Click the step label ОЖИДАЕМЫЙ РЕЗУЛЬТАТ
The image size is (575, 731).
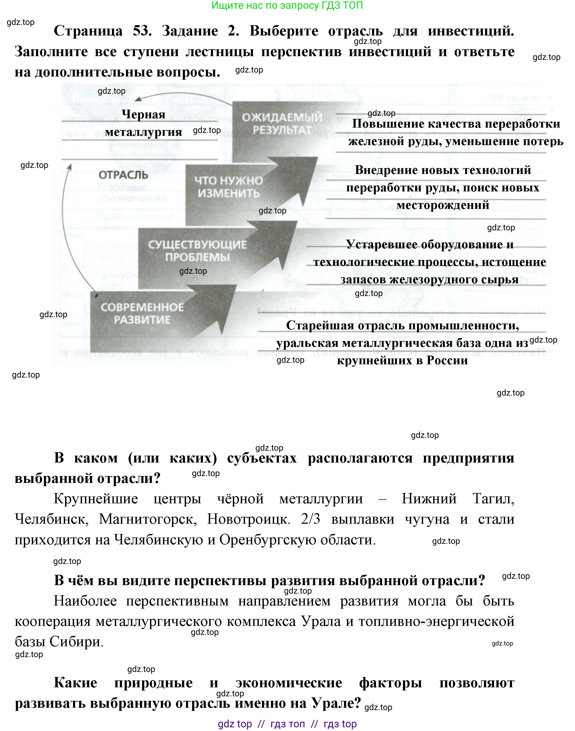coord(282,124)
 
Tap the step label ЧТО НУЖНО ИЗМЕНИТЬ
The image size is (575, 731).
coord(229,187)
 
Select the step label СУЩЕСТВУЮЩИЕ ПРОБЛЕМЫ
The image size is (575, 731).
coord(198,251)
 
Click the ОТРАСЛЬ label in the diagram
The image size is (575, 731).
coord(123,175)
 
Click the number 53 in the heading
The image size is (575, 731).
coord(141,31)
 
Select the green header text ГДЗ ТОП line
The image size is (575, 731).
coord(287,5)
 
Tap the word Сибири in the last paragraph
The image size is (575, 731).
coord(76,642)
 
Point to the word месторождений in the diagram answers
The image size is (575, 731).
coord(443,205)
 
